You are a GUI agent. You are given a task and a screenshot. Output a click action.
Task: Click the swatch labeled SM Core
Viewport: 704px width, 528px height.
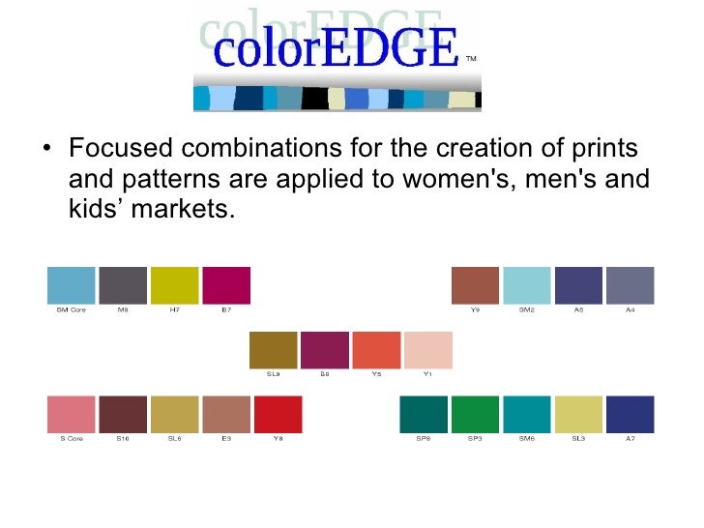(x=72, y=285)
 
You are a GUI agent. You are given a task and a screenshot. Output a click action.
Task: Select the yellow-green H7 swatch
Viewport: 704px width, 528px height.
(x=175, y=285)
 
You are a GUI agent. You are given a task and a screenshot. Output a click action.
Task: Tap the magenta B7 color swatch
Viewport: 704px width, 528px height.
(x=226, y=285)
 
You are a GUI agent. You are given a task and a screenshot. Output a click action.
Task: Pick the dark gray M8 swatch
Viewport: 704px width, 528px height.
(x=123, y=285)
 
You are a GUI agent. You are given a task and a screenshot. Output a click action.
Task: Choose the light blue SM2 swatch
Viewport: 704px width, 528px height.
(x=527, y=285)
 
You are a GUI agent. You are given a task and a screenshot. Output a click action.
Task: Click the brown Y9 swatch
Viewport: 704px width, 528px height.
(x=476, y=285)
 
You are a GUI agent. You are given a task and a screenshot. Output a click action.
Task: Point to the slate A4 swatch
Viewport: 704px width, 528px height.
(x=631, y=285)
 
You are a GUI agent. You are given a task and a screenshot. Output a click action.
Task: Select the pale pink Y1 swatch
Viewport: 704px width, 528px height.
(x=427, y=350)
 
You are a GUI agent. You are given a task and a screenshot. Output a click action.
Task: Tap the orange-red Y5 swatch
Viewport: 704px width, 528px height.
(x=376, y=350)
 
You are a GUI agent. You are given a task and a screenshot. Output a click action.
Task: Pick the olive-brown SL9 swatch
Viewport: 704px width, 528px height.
(x=274, y=350)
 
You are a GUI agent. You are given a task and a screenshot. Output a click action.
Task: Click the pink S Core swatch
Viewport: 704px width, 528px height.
(x=72, y=414)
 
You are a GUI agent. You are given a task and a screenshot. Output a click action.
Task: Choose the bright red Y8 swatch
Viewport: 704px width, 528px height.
(x=278, y=414)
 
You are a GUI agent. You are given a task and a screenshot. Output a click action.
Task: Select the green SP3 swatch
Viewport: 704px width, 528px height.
(x=476, y=414)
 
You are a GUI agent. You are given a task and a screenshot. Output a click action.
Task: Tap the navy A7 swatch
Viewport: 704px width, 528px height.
(x=631, y=414)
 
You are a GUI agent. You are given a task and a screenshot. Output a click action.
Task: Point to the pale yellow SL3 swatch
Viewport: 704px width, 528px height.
(x=578, y=414)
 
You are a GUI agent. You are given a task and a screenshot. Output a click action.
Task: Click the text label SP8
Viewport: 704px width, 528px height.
(x=424, y=438)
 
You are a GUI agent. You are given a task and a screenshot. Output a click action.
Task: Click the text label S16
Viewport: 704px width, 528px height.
(x=123, y=438)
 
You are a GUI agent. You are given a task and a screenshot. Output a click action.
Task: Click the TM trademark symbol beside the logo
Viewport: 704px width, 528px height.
(x=471, y=59)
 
